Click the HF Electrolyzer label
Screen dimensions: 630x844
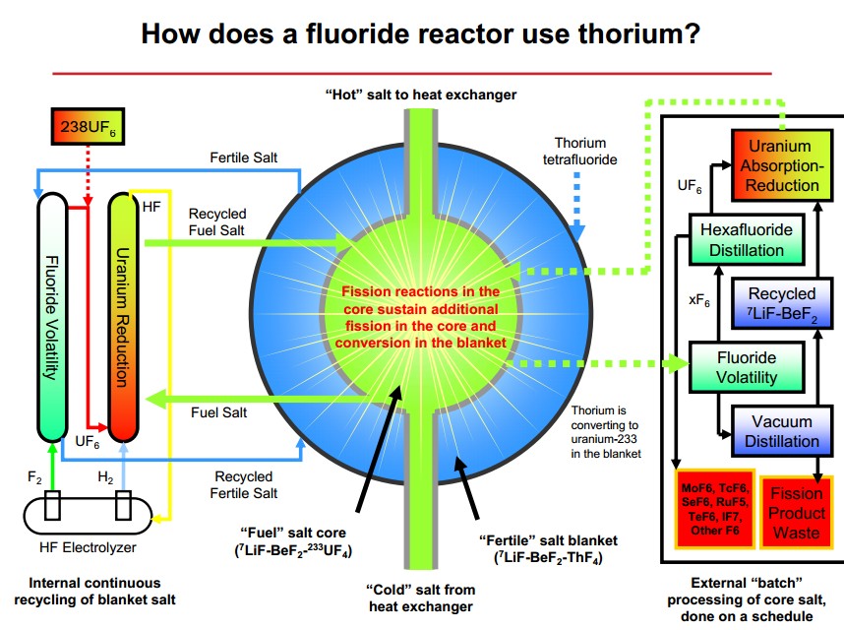87,544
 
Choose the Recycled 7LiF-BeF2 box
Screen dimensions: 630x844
781,304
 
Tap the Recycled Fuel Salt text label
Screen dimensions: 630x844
215,221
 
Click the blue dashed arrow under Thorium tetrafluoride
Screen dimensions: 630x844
579,202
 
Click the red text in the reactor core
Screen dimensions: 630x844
421,316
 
